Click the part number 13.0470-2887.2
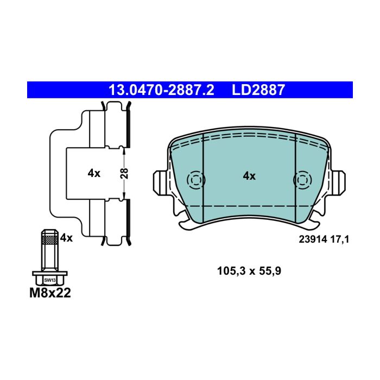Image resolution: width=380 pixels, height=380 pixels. coord(161,90)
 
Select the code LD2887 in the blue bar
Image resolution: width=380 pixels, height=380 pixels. coord(258,90)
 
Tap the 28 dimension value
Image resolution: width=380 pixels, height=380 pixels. coord(124,173)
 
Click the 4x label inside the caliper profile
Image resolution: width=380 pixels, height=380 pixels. coord(94,173)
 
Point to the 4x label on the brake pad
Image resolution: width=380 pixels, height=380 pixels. coord(249,176)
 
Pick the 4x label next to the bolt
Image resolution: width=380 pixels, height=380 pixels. coord(66,238)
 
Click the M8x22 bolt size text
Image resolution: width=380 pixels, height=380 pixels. coord(50,293)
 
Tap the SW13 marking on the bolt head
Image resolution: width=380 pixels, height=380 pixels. coord(50,280)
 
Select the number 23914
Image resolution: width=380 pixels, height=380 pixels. coord(313,239)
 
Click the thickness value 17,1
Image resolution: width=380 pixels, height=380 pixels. coord(339,239)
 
